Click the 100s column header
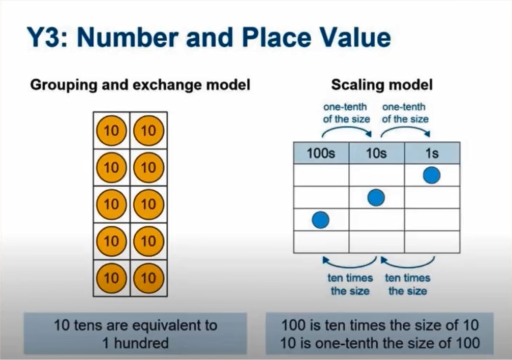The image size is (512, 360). (321, 153)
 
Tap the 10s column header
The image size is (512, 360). (376, 153)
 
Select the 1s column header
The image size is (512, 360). (432, 153)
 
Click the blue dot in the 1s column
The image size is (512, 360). (432, 175)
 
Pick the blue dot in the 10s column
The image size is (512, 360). (376, 197)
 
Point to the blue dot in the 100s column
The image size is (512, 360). (320, 220)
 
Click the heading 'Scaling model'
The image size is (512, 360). (381, 84)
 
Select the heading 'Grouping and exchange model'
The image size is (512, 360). (140, 84)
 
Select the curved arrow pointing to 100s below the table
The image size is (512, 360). (351, 263)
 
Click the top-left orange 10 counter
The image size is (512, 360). (111, 131)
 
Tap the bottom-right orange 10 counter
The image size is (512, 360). (148, 278)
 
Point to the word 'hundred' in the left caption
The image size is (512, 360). (142, 343)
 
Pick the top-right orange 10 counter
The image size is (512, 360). (148, 131)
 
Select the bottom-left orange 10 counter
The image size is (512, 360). (111, 278)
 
